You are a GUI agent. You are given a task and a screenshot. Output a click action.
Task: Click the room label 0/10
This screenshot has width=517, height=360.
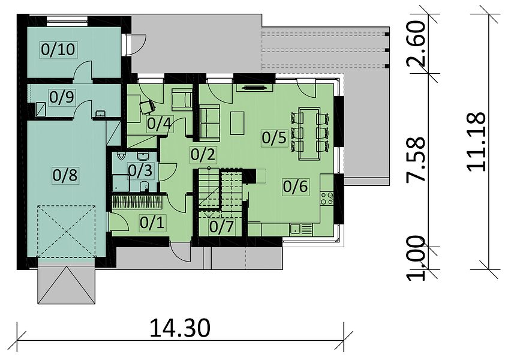[58, 49]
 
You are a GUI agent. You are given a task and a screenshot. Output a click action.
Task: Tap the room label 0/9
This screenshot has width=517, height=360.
[62, 97]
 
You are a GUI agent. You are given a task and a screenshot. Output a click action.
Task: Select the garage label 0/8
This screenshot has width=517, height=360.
[65, 175]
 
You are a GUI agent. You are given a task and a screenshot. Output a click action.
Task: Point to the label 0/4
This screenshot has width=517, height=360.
[160, 124]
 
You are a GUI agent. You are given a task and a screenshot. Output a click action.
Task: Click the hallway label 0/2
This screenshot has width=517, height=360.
[203, 154]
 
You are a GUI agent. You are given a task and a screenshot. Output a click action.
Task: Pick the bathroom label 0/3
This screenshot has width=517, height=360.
[140, 170]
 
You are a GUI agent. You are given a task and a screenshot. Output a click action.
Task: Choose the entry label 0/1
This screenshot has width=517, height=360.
[152, 223]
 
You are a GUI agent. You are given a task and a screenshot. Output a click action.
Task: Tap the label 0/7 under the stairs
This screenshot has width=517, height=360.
[221, 227]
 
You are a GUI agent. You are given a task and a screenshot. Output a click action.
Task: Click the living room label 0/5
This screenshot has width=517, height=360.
[274, 137]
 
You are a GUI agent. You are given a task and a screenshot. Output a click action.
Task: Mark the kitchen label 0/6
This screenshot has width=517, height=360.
[296, 187]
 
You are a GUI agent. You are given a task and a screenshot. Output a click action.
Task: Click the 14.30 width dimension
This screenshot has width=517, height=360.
[180, 328]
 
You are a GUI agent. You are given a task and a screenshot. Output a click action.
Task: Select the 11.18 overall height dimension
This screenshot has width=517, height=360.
[476, 142]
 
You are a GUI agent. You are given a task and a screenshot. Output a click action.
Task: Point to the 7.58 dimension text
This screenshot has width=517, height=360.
[416, 160]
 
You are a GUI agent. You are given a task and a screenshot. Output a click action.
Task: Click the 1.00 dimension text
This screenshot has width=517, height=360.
[416, 258]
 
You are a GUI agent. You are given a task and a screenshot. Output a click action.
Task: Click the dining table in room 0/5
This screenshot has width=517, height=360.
[309, 133]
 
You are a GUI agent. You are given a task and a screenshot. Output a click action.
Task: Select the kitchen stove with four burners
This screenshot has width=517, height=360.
[327, 197]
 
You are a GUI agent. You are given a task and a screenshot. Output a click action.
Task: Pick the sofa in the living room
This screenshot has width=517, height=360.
[210, 121]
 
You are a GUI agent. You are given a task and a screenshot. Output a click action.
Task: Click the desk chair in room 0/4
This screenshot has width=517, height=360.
[147, 107]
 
